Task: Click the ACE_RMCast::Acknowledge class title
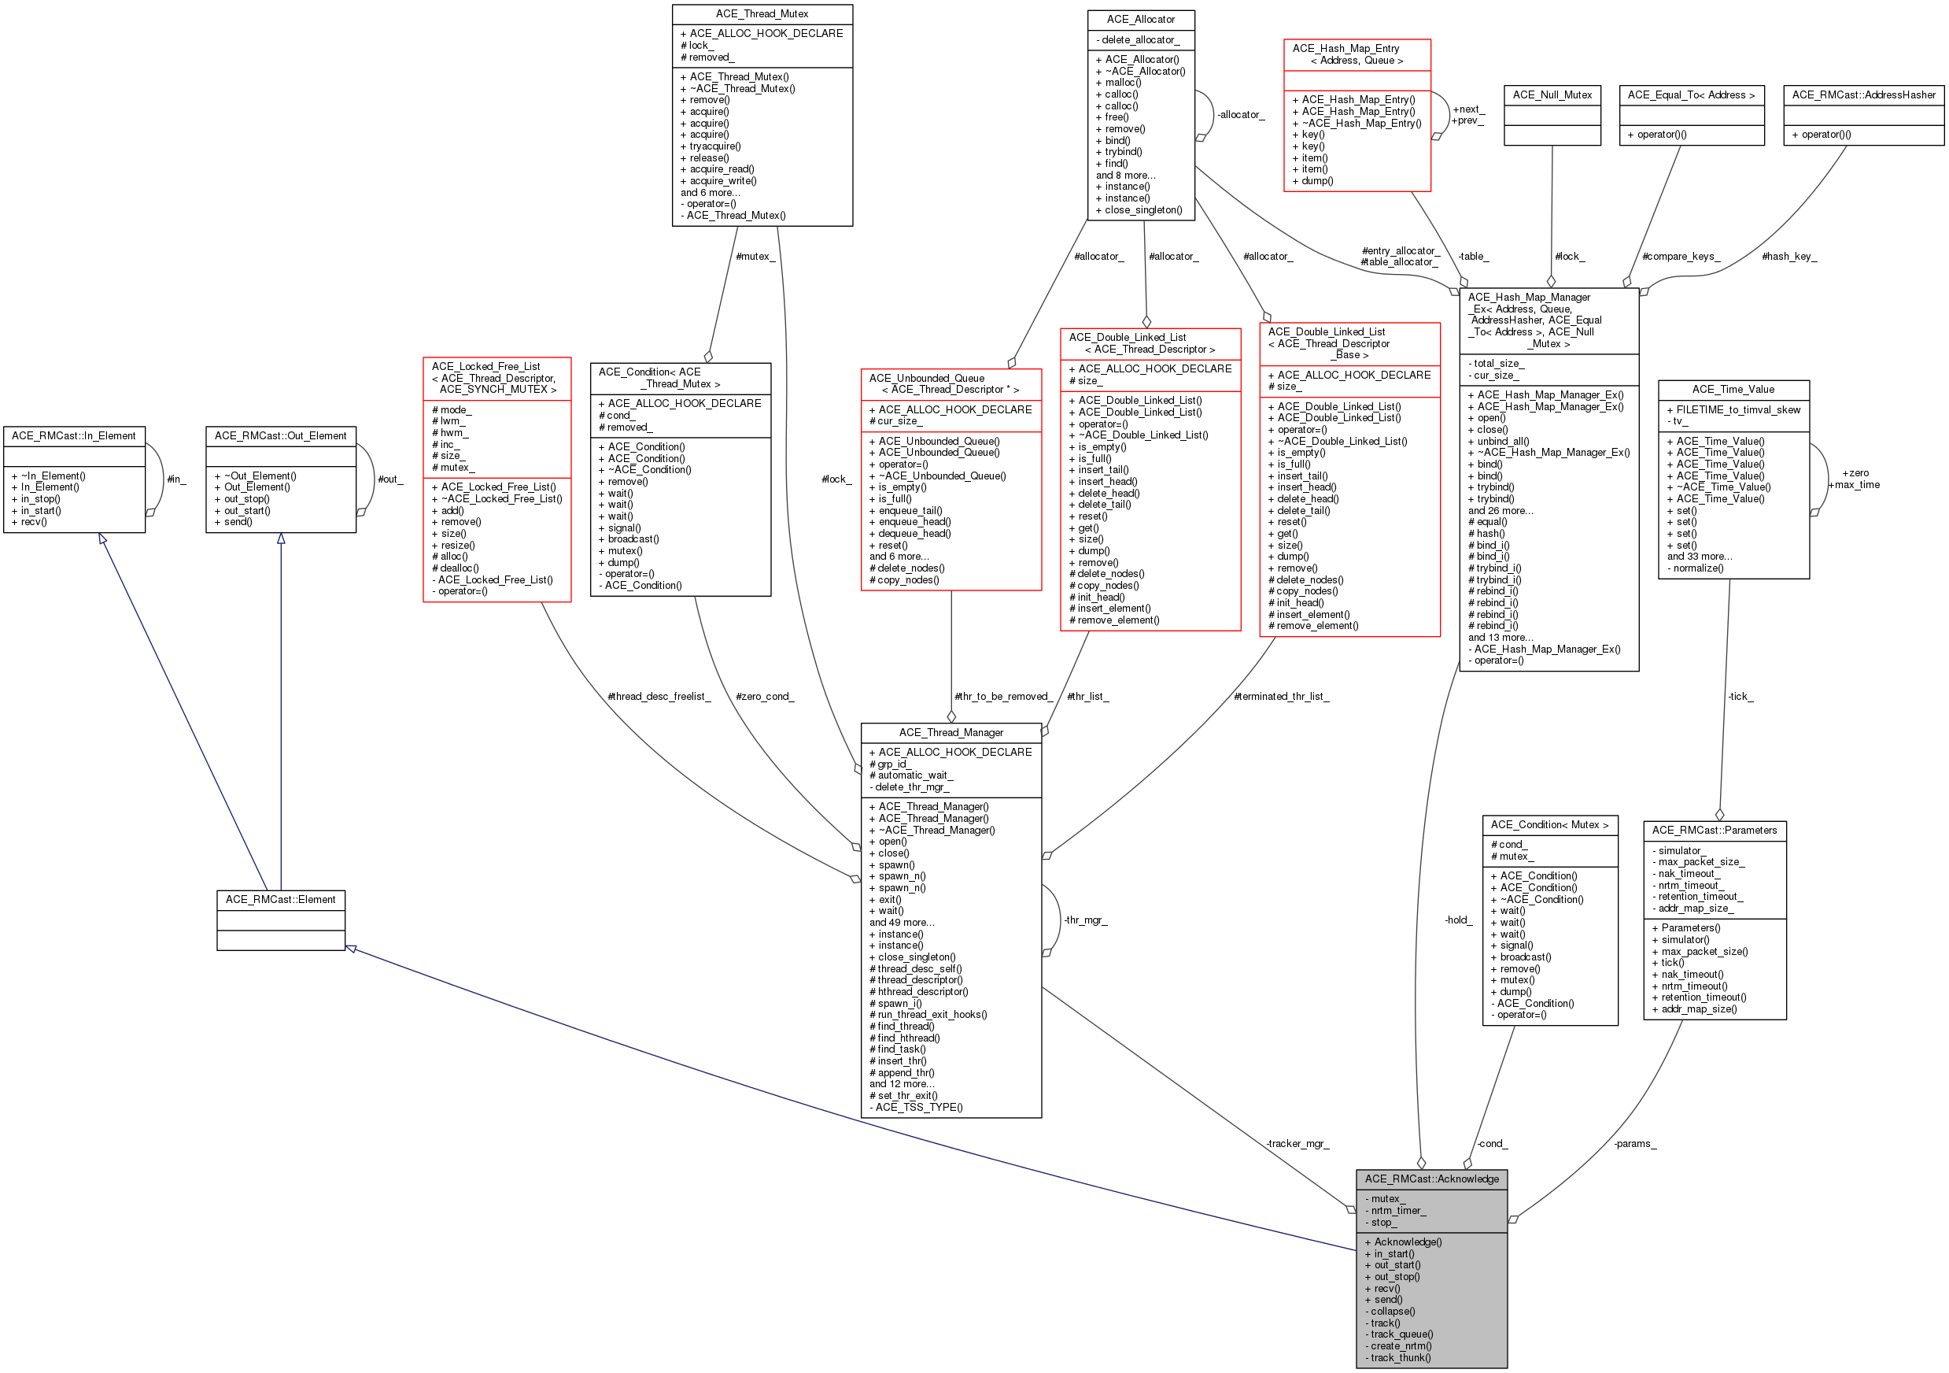click(x=1431, y=1179)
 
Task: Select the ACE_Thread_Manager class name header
click(x=951, y=732)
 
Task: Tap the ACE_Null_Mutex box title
click(x=1552, y=95)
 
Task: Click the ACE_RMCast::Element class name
click(x=281, y=899)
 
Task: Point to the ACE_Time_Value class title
click(x=1733, y=389)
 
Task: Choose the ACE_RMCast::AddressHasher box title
click(x=1864, y=95)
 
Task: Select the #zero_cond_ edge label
click(x=765, y=696)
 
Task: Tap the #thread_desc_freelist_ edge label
click(x=659, y=696)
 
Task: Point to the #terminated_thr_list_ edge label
click(x=1282, y=696)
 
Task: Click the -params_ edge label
click(x=1635, y=1144)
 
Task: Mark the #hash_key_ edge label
click(x=1789, y=257)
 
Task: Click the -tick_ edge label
click(x=1740, y=696)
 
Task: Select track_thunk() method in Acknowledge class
click(x=1398, y=1358)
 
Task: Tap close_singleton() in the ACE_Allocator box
click(x=1139, y=209)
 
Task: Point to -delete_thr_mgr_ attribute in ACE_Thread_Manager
click(x=909, y=787)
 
